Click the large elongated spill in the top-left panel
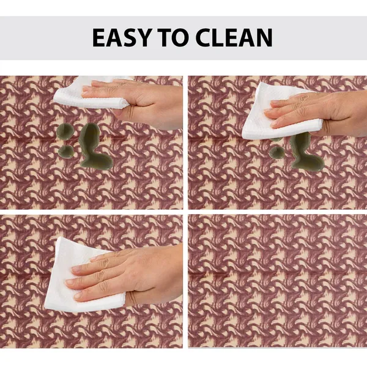(x=94, y=147)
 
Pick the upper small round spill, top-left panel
(x=65, y=132)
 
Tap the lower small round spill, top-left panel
(x=66, y=152)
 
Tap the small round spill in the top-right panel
(x=277, y=152)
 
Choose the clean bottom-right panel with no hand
(x=278, y=281)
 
